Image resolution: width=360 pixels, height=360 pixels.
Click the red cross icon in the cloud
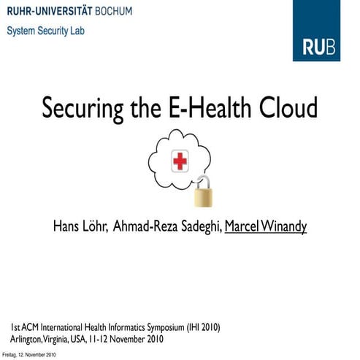click(x=179, y=161)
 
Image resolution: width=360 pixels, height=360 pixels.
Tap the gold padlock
click(x=204, y=192)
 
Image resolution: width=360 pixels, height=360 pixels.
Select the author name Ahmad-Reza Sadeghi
click(x=167, y=226)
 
